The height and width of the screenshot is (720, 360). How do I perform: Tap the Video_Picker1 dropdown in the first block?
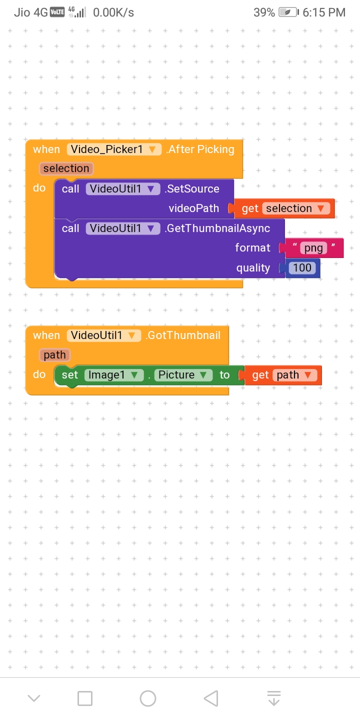[x=114, y=149]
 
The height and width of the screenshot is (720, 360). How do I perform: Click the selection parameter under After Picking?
[x=66, y=168]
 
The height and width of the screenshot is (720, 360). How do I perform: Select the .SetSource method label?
[x=192, y=188]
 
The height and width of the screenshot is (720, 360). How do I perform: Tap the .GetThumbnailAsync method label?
[x=217, y=228]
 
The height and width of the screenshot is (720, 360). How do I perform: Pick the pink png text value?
[x=313, y=248]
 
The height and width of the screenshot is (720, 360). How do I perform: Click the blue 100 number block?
[x=302, y=268]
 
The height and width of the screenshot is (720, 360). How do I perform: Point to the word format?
[x=252, y=248]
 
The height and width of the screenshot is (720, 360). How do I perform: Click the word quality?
[x=253, y=268]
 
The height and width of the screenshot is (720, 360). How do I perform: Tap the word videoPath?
[x=194, y=208]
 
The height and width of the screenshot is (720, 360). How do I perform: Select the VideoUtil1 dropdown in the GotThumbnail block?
[x=104, y=335]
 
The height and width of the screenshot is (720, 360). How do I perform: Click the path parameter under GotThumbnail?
[x=54, y=355]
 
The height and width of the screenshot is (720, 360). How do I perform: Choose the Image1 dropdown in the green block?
[x=114, y=375]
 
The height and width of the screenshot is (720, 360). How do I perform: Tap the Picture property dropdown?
[x=183, y=375]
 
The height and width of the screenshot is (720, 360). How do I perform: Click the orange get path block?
[x=282, y=375]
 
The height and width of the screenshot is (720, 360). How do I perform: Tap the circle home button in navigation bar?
[x=148, y=698]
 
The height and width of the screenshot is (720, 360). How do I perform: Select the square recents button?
[x=85, y=698]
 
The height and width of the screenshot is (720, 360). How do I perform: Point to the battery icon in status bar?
[x=288, y=12]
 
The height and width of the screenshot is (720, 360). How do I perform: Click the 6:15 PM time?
[x=324, y=12]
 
